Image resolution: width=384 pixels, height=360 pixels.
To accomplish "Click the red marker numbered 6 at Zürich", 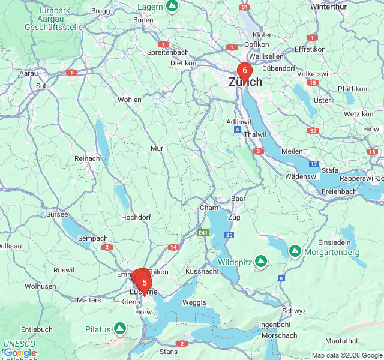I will [245, 71].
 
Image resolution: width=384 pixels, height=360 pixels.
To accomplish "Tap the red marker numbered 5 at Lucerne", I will [145, 283].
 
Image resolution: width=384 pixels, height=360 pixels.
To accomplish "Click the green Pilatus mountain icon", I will [120, 328].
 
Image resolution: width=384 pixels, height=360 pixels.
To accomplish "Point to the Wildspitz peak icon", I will [260, 261].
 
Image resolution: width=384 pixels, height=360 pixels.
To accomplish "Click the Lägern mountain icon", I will [173, 7].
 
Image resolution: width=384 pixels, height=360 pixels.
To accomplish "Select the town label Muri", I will [158, 148].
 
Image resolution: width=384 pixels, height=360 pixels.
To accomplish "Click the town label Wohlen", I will [130, 100].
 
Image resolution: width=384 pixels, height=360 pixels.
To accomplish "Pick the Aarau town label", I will [29, 73].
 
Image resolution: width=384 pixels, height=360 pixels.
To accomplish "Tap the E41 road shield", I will [204, 232].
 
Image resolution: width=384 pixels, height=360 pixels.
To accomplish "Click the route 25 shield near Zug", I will [229, 235].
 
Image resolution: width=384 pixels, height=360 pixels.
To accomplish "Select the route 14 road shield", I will [173, 247].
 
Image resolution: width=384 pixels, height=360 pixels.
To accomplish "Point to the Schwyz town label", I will [294, 311].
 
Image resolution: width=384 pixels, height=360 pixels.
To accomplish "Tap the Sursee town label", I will [58, 214].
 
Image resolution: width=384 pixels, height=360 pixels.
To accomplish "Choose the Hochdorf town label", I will [136, 217].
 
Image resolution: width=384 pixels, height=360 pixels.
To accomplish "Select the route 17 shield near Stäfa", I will [314, 164].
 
